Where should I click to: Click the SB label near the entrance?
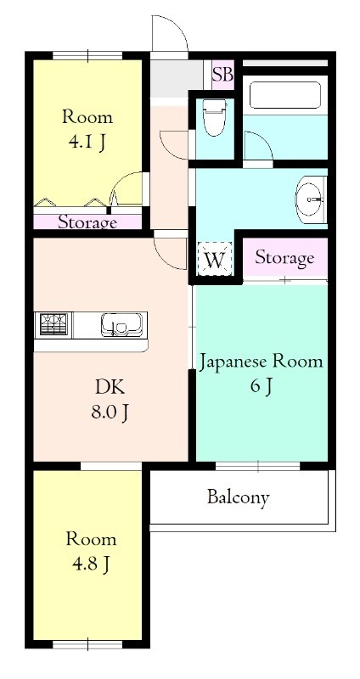pyautogui.click(x=222, y=76)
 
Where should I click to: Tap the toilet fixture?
pyautogui.click(x=215, y=116)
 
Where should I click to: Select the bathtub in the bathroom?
pyautogui.click(x=285, y=95)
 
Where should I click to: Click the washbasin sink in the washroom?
pyautogui.click(x=311, y=199)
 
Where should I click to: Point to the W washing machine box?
pyautogui.click(x=215, y=259)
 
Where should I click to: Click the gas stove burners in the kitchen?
pyautogui.click(x=54, y=324)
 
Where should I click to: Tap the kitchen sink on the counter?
pyautogui.click(x=121, y=324)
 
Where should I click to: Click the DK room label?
pyautogui.click(x=110, y=388)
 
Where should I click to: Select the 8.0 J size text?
pyautogui.click(x=110, y=413)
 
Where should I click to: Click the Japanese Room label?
pyautogui.click(x=262, y=362)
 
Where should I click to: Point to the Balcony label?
pyautogui.click(x=239, y=497)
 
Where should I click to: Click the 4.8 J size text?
pyautogui.click(x=91, y=564)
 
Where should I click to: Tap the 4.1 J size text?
pyautogui.click(x=87, y=143)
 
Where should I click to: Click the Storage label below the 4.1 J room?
pyautogui.click(x=87, y=222)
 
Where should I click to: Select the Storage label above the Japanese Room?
pyautogui.click(x=284, y=258)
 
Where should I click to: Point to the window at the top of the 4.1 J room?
pyautogui.click(x=87, y=55)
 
